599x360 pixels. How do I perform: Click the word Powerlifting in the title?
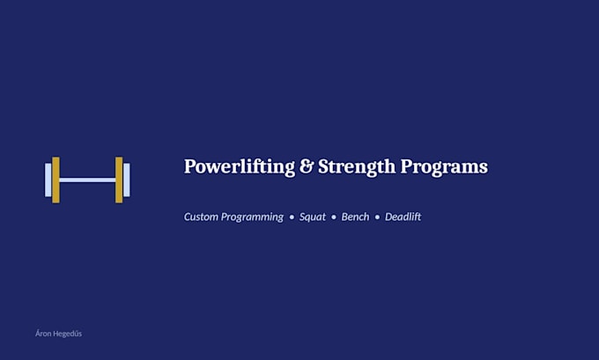[240, 167]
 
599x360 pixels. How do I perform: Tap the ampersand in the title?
[307, 166]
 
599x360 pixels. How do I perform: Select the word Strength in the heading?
[357, 167]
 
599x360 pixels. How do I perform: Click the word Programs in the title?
[444, 167]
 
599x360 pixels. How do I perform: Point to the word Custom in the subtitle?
[201, 217]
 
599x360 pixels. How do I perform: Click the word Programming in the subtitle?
[253, 217]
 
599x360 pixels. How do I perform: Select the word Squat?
[313, 217]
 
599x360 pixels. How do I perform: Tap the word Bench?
[355, 217]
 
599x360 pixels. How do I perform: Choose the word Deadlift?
[403, 217]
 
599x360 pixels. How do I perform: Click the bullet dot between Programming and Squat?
[292, 217]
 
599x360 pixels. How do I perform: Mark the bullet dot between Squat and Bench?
[334, 217]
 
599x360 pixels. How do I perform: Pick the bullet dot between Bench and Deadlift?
[377, 217]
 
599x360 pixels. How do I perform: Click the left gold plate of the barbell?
[55, 180]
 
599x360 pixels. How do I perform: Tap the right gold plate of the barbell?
[119, 180]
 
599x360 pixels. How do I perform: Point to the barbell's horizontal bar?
[87, 180]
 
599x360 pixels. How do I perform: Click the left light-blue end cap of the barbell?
[48, 180]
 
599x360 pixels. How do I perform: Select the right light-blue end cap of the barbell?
[127, 180]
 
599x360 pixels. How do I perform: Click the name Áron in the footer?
[43, 334]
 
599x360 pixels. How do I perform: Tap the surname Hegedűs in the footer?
[67, 334]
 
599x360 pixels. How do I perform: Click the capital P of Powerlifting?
[190, 166]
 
